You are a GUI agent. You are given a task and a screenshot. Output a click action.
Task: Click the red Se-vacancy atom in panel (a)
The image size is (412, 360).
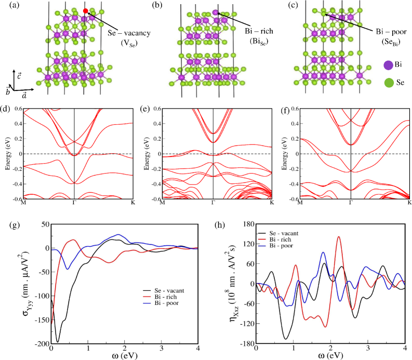pos(85,11)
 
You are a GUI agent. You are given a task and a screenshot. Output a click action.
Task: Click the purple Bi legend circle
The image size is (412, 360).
pos(388,65)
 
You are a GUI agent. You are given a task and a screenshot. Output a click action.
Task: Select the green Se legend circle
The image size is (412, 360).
pos(388,82)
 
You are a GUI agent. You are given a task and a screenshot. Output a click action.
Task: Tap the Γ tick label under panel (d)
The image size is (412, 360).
pos(74,202)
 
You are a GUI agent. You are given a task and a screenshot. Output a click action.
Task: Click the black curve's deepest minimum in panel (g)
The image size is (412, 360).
pos(58,342)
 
